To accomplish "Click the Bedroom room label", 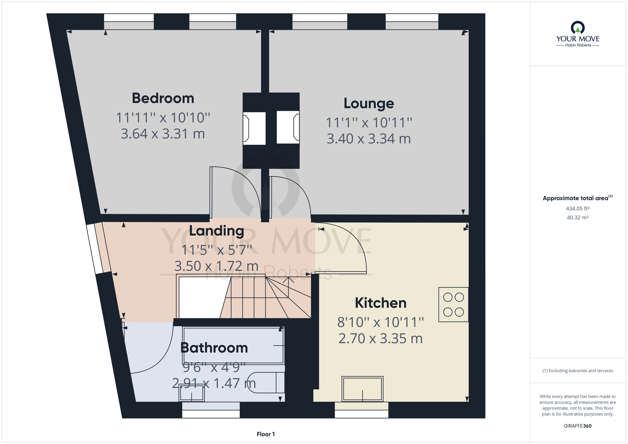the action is (x=163, y=98).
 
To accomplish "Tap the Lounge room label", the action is (x=369, y=103).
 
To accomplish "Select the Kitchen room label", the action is (x=381, y=303).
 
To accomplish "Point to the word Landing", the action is (x=216, y=231).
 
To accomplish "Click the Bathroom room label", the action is (x=214, y=348).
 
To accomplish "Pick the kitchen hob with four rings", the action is (x=453, y=305).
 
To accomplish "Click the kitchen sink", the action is (x=363, y=389).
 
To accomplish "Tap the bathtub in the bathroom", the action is (x=234, y=345).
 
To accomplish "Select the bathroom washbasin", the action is (x=192, y=393).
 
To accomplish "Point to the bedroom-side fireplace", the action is (x=254, y=128).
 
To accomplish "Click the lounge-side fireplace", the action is (x=288, y=127).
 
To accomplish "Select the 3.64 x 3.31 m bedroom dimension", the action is (x=163, y=134).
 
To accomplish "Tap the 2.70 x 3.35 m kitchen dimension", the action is (x=381, y=338).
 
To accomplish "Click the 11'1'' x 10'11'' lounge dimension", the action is (x=369, y=123).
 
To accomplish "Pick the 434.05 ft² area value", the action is (x=578, y=208).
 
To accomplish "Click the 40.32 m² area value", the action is (x=578, y=217).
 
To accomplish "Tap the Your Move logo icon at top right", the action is (x=578, y=27).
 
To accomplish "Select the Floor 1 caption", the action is (x=266, y=434).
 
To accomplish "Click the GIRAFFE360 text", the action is (x=578, y=426).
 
